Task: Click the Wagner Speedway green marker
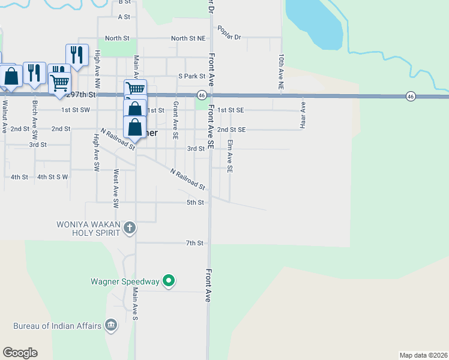(169, 281)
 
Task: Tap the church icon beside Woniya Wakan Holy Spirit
(130, 227)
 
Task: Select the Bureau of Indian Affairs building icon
(110, 326)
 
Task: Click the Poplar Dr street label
(229, 37)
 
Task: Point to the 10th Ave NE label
(280, 72)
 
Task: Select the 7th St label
(194, 243)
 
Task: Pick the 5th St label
(194, 203)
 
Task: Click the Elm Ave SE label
(229, 157)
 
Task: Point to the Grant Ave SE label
(175, 120)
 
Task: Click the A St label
(124, 17)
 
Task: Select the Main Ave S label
(135, 303)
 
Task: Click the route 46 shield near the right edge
(411, 96)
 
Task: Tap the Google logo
(20, 353)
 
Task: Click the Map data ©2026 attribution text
(423, 355)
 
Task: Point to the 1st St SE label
(231, 110)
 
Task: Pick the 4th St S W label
(52, 177)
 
